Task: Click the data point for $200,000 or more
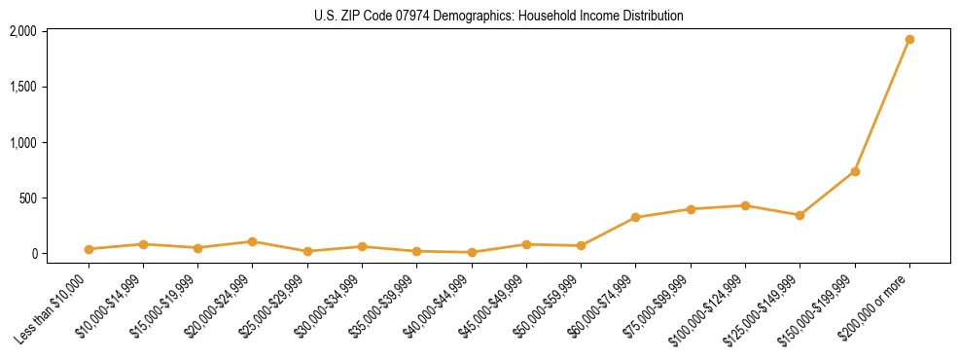pos(909,40)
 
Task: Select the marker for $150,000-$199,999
pos(855,171)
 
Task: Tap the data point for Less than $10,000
pos(89,249)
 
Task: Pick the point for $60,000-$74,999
pos(635,218)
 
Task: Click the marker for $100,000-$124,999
pos(745,205)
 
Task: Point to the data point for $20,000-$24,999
pos(253,241)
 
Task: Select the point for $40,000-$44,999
pos(472,252)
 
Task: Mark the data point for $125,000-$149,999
pos(800,215)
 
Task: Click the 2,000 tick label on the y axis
pos(22,31)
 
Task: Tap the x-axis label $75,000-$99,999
pos(658,306)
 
